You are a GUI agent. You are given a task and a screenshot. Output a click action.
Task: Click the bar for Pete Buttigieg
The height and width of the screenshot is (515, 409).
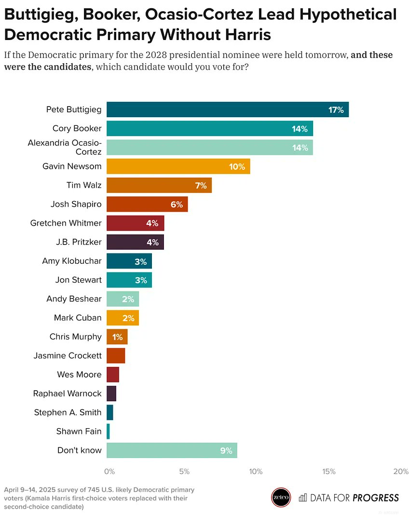(x=227, y=109)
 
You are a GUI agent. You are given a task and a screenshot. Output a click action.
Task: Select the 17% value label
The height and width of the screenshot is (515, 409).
(x=336, y=110)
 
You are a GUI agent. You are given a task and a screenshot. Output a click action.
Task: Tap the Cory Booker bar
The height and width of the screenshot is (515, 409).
(x=209, y=129)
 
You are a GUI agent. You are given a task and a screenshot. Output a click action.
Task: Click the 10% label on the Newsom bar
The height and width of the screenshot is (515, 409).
(x=237, y=167)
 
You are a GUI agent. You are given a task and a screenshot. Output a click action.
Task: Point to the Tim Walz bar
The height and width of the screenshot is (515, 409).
(x=159, y=185)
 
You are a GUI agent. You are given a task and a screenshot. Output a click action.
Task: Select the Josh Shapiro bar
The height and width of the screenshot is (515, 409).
(x=147, y=204)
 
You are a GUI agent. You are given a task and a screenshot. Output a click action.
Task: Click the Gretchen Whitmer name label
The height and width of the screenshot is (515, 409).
(x=66, y=223)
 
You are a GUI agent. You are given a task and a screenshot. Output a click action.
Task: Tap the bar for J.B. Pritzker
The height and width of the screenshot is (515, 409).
(x=135, y=242)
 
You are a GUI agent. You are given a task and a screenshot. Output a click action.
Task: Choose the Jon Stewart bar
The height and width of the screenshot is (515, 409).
(x=129, y=280)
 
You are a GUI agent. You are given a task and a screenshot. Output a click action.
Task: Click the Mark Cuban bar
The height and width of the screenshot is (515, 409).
(x=123, y=318)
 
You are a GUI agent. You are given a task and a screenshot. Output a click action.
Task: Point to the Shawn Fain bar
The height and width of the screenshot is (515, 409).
(x=108, y=432)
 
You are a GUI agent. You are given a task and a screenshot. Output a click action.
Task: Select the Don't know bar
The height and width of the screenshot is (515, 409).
(x=171, y=450)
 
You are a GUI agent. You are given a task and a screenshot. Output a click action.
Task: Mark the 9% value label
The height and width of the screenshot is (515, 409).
(x=226, y=451)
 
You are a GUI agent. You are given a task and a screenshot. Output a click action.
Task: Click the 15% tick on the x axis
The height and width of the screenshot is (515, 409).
(x=329, y=472)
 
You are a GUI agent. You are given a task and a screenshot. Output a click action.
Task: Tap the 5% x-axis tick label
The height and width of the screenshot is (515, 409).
(x=183, y=472)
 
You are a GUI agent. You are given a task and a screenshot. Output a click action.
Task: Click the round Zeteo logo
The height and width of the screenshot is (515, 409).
(x=281, y=498)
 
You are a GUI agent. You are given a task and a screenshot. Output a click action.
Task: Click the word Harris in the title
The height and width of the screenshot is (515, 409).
(x=243, y=35)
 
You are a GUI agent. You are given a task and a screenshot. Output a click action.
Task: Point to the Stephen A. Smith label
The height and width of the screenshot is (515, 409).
(x=68, y=412)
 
